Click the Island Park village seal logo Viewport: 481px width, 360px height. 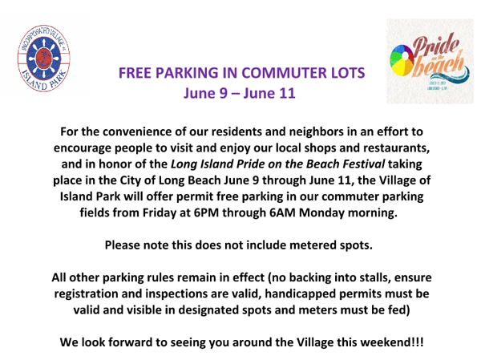[43, 59]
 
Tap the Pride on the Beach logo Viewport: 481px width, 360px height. [430, 61]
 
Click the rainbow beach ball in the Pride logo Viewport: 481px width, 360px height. [402, 59]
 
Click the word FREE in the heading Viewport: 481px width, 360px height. [135, 73]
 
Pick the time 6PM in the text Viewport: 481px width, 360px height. [206, 212]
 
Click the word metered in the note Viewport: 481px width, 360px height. [313, 245]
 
